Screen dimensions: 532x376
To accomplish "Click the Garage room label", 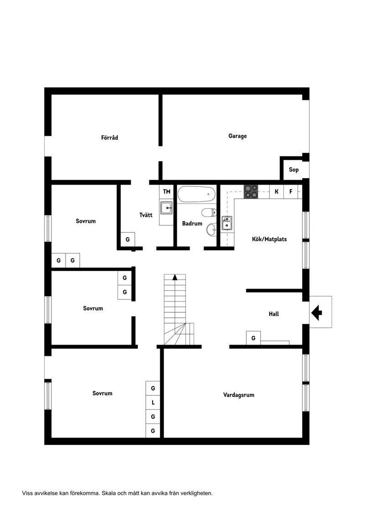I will tap(237, 136).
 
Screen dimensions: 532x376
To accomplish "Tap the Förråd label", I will tap(109, 137).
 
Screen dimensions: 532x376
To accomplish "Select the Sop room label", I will tap(294, 170).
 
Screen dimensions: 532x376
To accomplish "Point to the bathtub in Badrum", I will tap(196, 195).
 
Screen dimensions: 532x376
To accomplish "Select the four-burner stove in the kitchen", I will tap(251, 191).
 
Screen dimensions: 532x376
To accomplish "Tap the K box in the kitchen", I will tap(276, 191).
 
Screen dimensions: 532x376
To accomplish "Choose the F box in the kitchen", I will tap(291, 191).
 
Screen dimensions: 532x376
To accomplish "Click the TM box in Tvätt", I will tap(166, 191).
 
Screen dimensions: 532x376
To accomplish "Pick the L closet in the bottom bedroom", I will tap(153, 403).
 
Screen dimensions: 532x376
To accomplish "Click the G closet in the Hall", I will tap(253, 338).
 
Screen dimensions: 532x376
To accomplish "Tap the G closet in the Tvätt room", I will tap(128, 239).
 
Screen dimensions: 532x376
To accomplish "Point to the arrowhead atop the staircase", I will tap(175, 277).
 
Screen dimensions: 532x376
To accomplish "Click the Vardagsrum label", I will tap(239, 395).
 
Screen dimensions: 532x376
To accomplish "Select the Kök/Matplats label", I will tap(269, 239).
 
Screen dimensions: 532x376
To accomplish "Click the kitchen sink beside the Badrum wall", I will tap(227, 223).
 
